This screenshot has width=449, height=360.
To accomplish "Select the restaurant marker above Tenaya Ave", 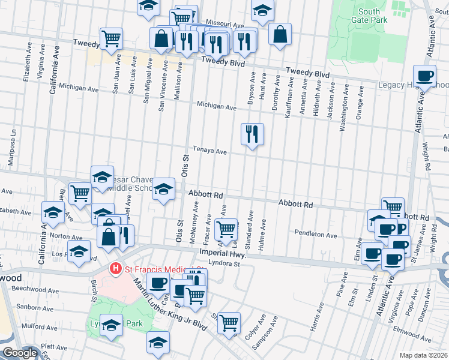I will (252, 134).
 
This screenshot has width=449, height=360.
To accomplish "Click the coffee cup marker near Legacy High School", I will (425, 77).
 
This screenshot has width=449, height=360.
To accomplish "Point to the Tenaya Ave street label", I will (209, 152).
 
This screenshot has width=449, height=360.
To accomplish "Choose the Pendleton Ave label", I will (316, 234).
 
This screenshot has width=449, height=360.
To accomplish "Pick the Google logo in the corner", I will (20, 353).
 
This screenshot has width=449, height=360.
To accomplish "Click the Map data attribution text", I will (424, 355).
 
